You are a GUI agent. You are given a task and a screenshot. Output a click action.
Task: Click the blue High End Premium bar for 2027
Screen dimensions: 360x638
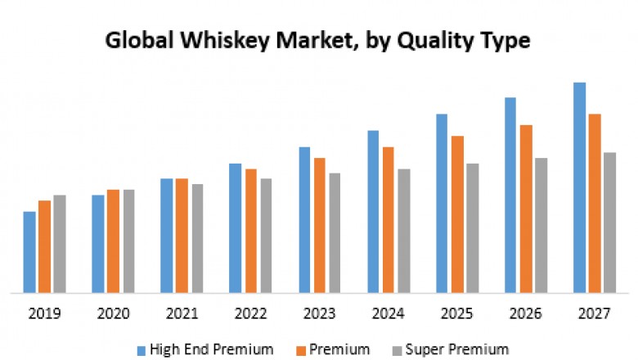click(x=579, y=187)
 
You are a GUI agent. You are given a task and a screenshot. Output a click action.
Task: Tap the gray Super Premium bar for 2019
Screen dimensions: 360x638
click(x=60, y=243)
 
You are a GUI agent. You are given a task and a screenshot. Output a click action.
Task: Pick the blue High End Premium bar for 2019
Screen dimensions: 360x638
click(x=29, y=251)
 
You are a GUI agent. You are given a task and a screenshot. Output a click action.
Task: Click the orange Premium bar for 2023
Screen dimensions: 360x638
click(x=320, y=225)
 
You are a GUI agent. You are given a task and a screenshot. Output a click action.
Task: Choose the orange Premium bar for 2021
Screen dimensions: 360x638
click(x=182, y=235)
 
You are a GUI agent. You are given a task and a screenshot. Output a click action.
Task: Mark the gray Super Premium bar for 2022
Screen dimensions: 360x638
click(x=266, y=235)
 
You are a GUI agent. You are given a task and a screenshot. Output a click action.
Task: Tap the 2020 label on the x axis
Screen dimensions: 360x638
click(x=113, y=313)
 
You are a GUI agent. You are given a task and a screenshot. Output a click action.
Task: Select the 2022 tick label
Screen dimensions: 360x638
click(x=250, y=313)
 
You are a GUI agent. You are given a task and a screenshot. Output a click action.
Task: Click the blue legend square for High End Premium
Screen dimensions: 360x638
click(x=142, y=349)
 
